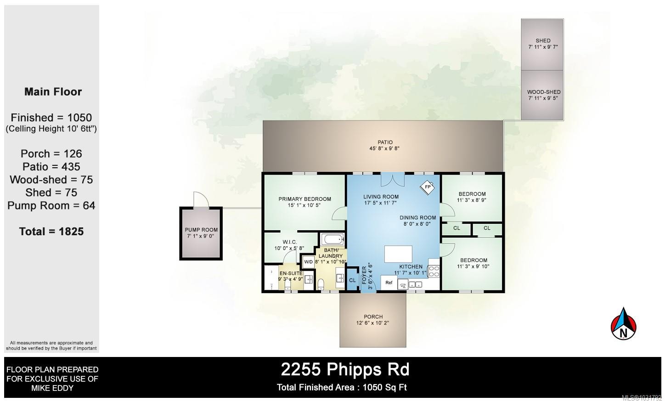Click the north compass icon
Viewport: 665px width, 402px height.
click(x=624, y=324)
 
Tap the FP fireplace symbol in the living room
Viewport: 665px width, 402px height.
click(x=428, y=187)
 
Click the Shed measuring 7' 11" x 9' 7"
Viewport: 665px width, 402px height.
click(x=542, y=44)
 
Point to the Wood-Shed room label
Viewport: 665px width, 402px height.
click(x=543, y=92)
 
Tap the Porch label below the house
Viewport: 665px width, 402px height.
click(x=373, y=317)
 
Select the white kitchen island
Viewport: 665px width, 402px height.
click(x=398, y=254)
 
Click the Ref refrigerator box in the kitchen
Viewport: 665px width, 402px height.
click(x=389, y=283)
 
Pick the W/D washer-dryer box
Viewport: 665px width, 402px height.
click(x=308, y=262)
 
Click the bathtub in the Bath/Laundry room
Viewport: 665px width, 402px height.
click(x=331, y=239)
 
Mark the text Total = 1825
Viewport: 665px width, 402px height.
click(x=51, y=232)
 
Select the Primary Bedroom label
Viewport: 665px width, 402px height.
click(x=304, y=199)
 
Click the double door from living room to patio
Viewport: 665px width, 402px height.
click(x=392, y=179)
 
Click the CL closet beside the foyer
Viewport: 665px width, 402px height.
click(x=352, y=280)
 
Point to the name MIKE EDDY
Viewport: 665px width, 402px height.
click(x=52, y=388)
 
